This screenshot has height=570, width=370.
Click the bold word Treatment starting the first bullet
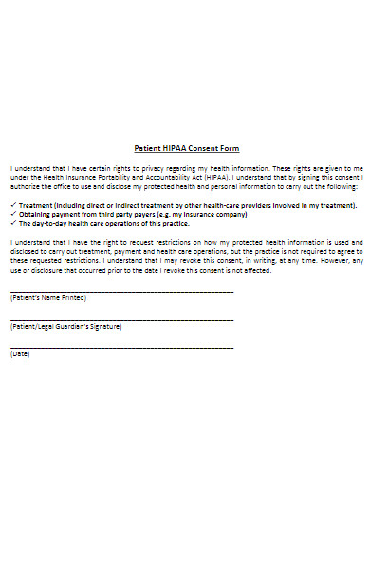coord(36,205)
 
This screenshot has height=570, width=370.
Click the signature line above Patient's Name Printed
coord(121,291)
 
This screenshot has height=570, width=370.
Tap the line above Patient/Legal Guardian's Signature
coord(121,319)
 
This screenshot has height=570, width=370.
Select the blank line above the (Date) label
coord(121,348)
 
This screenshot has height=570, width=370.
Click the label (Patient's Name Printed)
coord(48,297)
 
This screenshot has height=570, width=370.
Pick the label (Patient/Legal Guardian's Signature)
coord(65,326)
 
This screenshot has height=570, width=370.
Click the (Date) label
coord(19,354)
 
